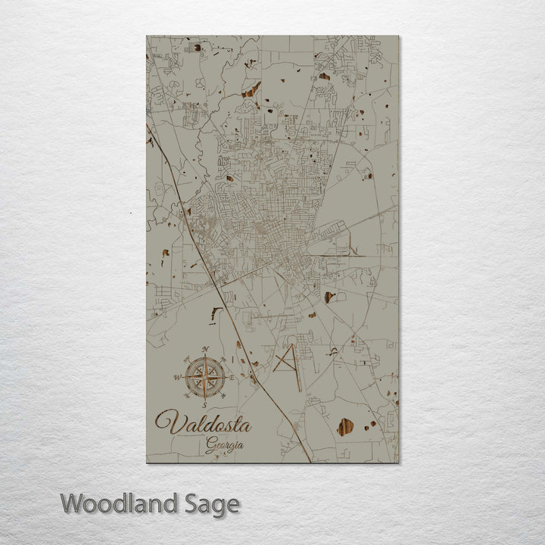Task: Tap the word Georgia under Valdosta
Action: [x=225, y=445]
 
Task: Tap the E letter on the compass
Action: [x=232, y=376]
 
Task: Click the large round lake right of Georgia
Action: [x=344, y=428]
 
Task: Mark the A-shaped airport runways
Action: [x=288, y=360]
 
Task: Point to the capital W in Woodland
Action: [x=73, y=503]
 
